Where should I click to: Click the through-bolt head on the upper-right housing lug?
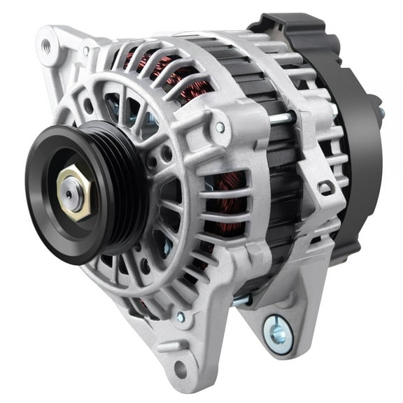(x=220, y=127)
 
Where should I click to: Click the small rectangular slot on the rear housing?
(x=326, y=188)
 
